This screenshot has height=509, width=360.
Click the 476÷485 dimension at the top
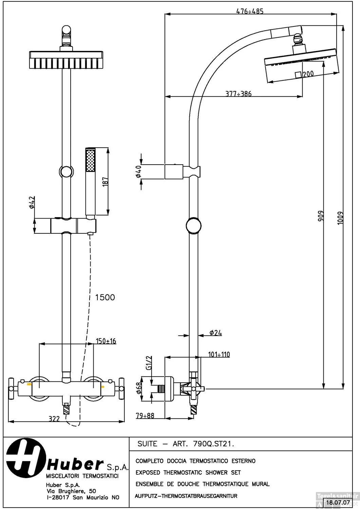(250, 11)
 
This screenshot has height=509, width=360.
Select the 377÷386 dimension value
(239, 94)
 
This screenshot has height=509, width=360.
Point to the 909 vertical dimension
(321, 216)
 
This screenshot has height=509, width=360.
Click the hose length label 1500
(105, 298)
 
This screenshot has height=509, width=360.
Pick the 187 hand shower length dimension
(105, 182)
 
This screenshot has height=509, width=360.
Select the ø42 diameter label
(31, 203)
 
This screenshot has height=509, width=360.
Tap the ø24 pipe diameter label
(215, 333)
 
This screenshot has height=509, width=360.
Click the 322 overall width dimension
(54, 419)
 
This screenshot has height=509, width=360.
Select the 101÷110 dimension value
(219, 355)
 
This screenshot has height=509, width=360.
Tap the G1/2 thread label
(148, 363)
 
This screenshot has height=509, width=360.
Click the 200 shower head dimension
(308, 74)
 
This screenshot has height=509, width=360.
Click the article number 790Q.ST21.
(214, 444)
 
